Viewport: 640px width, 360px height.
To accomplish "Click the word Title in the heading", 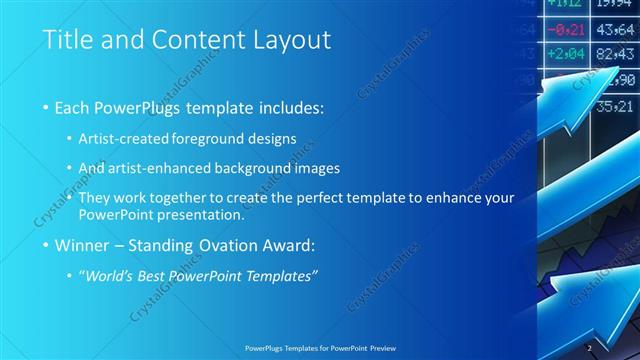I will (x=68, y=41).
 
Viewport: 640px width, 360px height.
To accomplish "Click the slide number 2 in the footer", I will (x=590, y=348).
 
